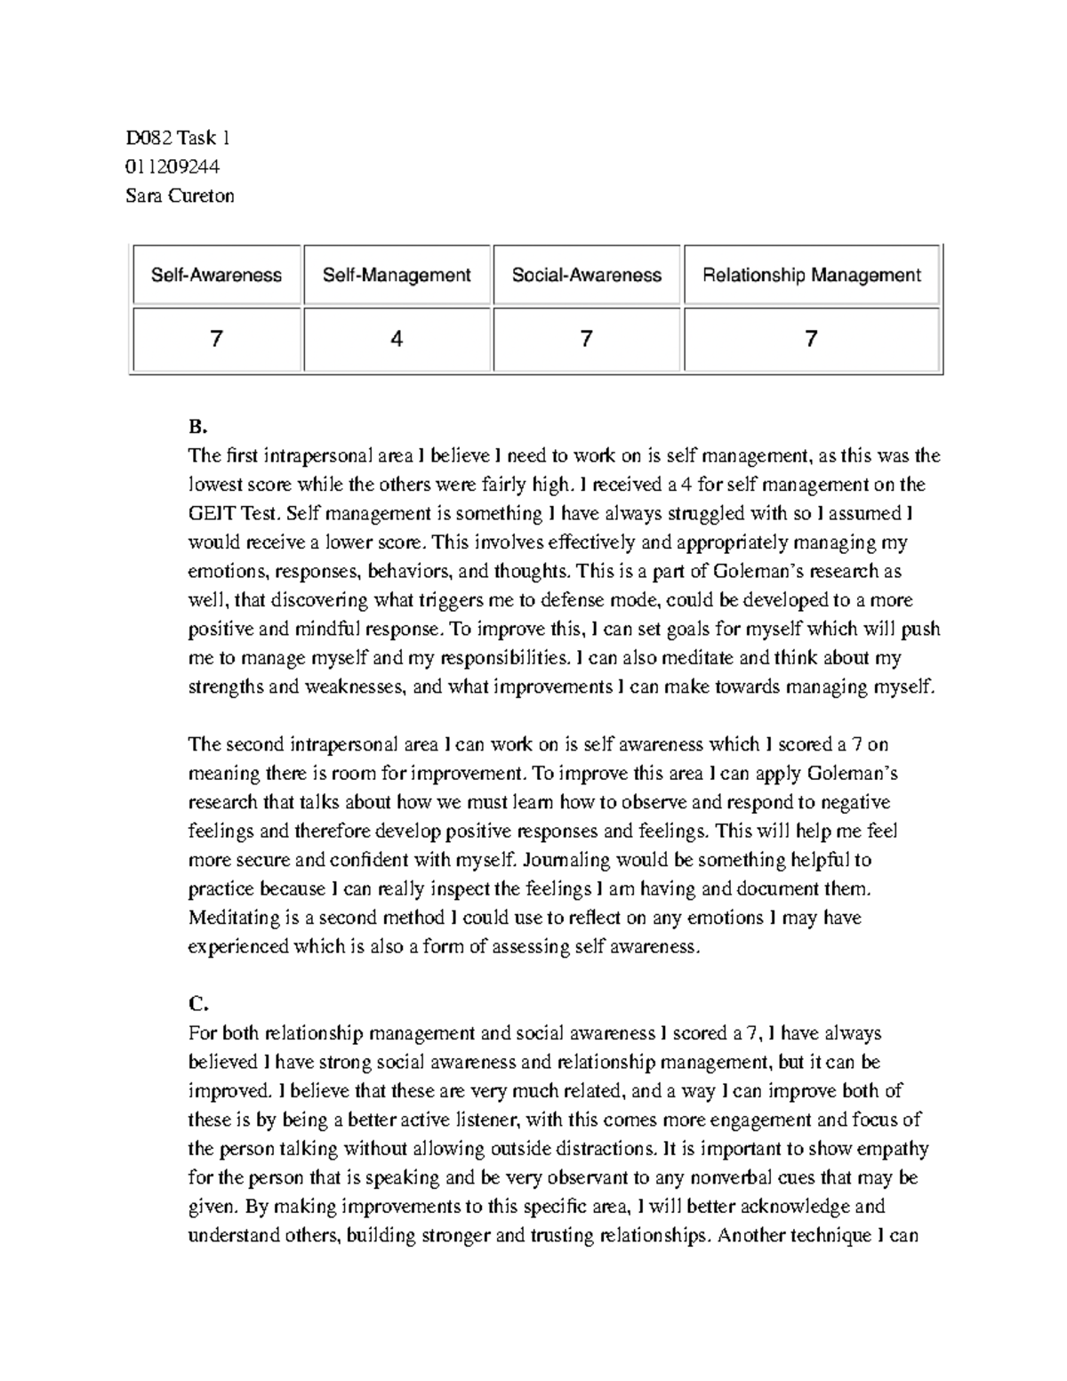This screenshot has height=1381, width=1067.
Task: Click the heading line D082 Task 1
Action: (x=178, y=138)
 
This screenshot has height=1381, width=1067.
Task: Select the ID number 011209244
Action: (x=172, y=166)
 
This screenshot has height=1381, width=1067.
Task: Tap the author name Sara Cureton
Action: (x=180, y=196)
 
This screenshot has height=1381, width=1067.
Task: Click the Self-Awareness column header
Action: (x=216, y=276)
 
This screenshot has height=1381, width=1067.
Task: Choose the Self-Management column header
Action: (x=397, y=276)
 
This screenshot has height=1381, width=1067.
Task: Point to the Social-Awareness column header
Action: (x=586, y=276)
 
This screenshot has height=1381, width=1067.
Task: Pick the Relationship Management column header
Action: (x=811, y=276)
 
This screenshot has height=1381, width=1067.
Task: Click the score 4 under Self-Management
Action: (x=397, y=339)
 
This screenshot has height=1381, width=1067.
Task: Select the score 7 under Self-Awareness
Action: (x=216, y=339)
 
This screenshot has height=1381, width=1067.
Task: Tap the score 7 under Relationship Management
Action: (x=811, y=339)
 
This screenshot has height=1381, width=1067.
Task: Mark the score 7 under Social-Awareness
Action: (x=586, y=339)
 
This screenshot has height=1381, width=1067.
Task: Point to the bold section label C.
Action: (x=197, y=1004)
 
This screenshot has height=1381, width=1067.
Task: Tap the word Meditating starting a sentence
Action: (x=234, y=918)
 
